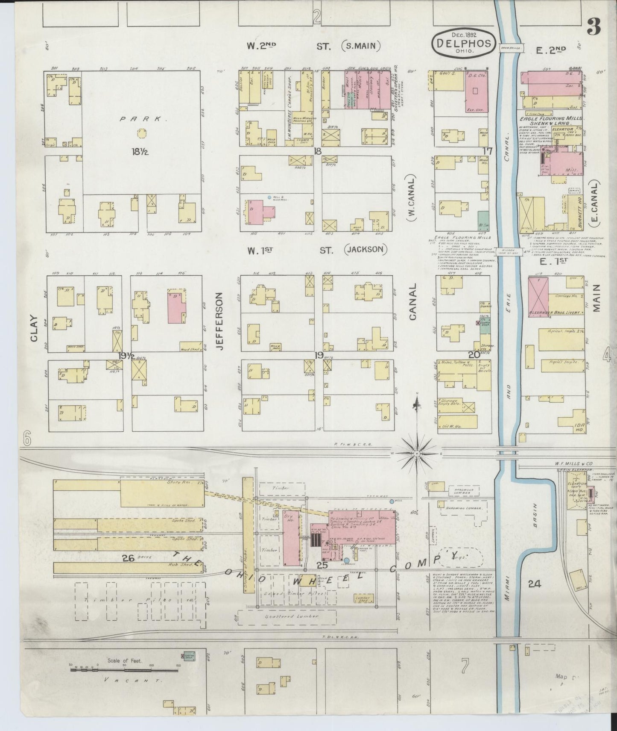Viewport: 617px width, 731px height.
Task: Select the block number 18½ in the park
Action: (140, 151)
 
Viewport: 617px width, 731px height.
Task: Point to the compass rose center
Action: (417, 452)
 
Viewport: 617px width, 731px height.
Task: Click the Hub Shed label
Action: (188, 565)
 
